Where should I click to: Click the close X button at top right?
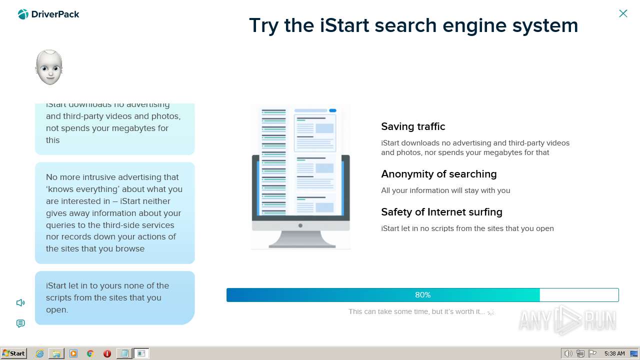[x=623, y=13]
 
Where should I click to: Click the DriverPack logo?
[x=48, y=14]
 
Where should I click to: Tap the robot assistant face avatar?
[x=49, y=67]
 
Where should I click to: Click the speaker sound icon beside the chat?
[x=20, y=302]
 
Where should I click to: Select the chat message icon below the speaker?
[x=20, y=323]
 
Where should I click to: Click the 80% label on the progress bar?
[x=422, y=295]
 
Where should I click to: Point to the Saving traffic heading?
[x=413, y=126]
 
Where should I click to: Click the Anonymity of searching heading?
[x=438, y=174]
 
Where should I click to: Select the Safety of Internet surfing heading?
[x=441, y=212]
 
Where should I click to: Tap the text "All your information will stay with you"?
[x=445, y=190]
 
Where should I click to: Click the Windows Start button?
[x=13, y=353]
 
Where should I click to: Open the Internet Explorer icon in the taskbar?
[x=39, y=353]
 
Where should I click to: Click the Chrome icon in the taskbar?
[x=90, y=353]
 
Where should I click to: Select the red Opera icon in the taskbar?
[x=107, y=353]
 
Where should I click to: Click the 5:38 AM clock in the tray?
[x=614, y=353]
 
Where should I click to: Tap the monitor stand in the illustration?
[x=301, y=239]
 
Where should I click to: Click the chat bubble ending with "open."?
[x=114, y=297]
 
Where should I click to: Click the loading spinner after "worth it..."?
[x=491, y=311]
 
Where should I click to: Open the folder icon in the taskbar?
[x=56, y=353]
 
